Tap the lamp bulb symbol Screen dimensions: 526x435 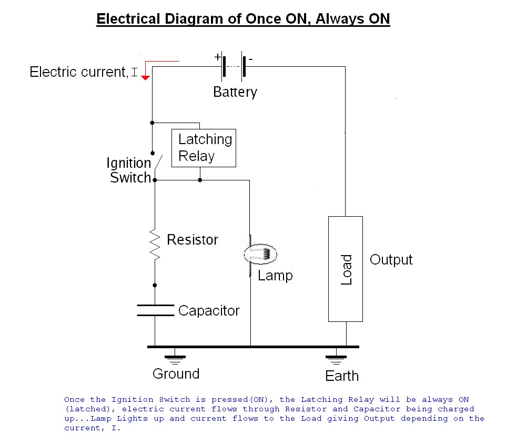261,254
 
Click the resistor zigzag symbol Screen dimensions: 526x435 155,244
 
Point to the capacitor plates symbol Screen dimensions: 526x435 156,310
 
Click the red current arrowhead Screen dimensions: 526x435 145,78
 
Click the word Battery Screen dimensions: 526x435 235,92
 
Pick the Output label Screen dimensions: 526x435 391,260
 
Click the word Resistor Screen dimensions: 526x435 193,239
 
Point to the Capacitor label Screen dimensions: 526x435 209,310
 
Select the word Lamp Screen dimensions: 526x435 275,276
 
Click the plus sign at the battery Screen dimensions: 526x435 218,57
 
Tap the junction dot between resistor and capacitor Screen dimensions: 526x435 155,285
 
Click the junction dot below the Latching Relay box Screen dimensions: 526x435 200,180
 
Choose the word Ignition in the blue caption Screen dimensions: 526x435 133,399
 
